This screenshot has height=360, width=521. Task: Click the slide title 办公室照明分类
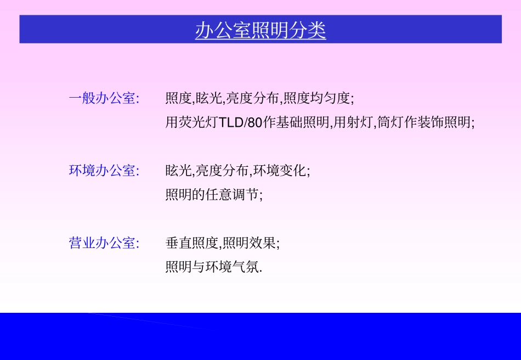point(260,30)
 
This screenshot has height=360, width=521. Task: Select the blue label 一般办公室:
point(104,98)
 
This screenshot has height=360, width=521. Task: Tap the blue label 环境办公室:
point(104,170)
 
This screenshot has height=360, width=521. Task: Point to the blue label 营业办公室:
point(104,243)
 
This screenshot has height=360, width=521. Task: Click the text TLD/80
point(241,122)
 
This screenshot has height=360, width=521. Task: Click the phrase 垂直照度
point(192,243)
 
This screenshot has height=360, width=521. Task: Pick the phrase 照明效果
point(249,243)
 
